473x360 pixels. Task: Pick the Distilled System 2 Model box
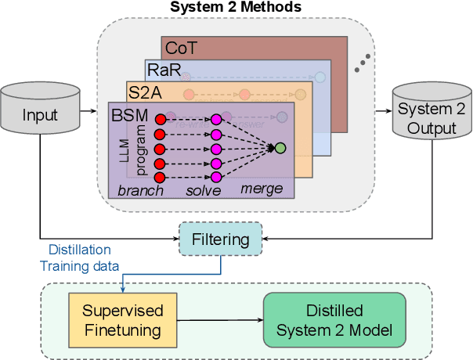334,319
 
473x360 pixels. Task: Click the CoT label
182,49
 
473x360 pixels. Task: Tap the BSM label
129,114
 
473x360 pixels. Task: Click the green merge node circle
280,148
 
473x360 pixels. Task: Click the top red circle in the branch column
161,120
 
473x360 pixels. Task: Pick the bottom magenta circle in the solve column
217,176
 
